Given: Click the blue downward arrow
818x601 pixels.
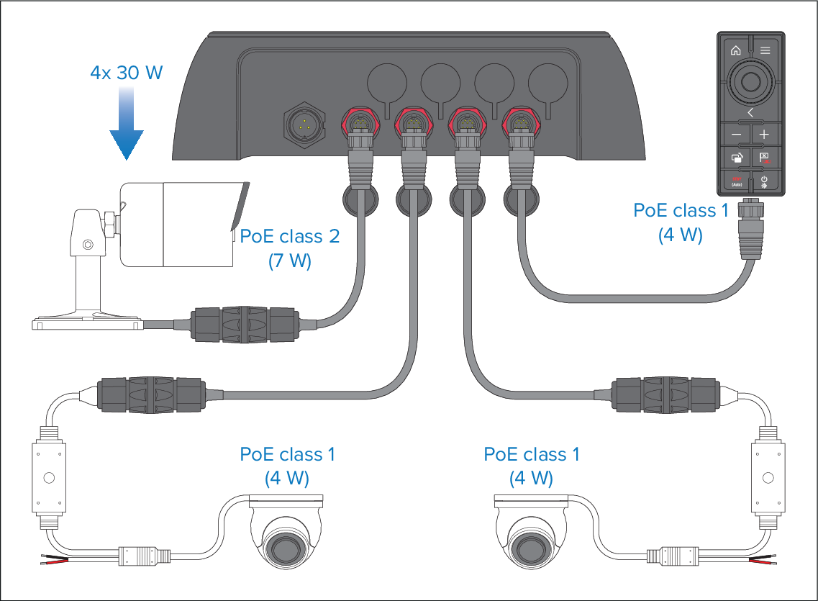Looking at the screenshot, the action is (126, 123).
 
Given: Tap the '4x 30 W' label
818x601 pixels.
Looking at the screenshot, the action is (126, 73).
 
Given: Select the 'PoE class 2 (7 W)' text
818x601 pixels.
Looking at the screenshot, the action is (289, 248).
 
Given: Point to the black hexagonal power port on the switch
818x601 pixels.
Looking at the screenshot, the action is (304, 125).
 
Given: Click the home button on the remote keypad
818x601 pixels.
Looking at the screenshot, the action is (735, 50).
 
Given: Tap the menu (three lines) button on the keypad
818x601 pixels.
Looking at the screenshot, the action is (765, 50).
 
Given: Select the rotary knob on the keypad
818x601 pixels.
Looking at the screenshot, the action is (750, 82).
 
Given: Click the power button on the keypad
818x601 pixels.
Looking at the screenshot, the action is (765, 181).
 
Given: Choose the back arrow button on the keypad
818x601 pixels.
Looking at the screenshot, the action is (750, 113).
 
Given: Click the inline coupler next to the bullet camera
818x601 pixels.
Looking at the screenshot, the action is (244, 325).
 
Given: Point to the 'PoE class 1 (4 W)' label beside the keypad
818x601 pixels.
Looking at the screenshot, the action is (681, 222).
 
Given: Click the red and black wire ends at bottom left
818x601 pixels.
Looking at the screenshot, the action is (54, 559).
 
